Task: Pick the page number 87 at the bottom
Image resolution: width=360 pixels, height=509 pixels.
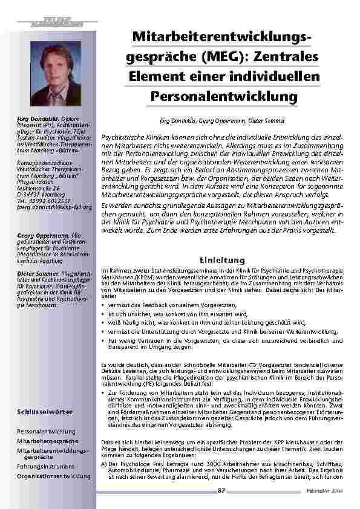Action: coord(221,490)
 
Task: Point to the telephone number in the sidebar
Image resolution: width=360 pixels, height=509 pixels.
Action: coord(51,201)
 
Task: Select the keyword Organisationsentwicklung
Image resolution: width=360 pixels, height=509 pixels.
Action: coord(54,476)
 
